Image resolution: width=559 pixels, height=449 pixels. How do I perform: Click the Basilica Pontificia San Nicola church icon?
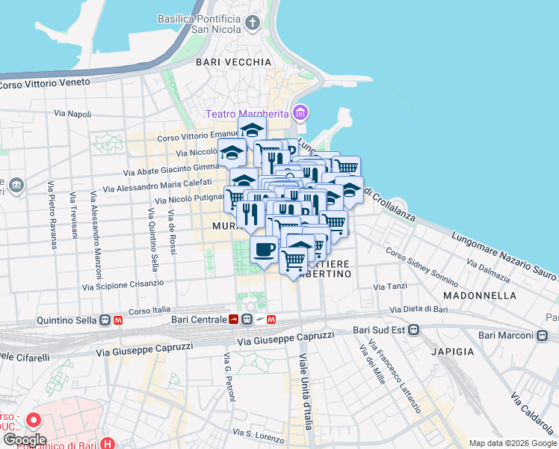(x=253, y=23)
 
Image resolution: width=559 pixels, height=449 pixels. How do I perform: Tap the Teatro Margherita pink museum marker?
(x=300, y=114)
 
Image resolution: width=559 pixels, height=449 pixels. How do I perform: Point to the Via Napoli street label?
(x=72, y=114)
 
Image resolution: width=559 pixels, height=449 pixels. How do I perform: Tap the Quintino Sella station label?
(x=67, y=320)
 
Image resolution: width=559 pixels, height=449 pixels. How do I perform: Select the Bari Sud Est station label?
(x=378, y=330)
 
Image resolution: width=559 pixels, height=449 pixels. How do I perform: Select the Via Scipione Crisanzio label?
(x=123, y=285)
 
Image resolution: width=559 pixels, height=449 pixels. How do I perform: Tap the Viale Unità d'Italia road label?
(x=306, y=392)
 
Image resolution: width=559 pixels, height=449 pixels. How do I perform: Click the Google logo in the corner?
(x=24, y=440)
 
